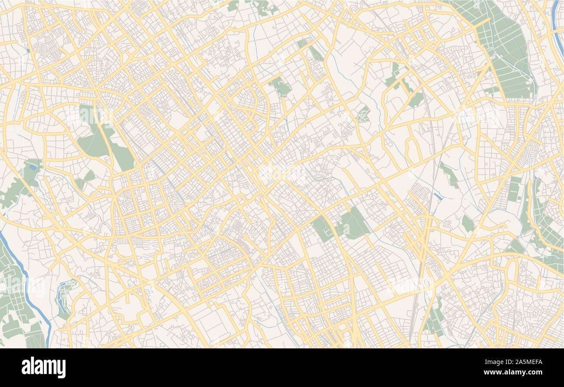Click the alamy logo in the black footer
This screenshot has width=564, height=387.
tap(43, 367)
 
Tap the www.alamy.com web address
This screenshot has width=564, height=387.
tap(518, 371)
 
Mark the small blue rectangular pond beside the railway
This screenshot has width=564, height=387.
tap(438, 196)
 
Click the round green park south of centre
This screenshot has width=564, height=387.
tap(322, 228)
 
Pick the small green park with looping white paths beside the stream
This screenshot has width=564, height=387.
tap(364, 114)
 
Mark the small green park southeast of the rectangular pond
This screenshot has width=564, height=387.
tap(468, 223)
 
